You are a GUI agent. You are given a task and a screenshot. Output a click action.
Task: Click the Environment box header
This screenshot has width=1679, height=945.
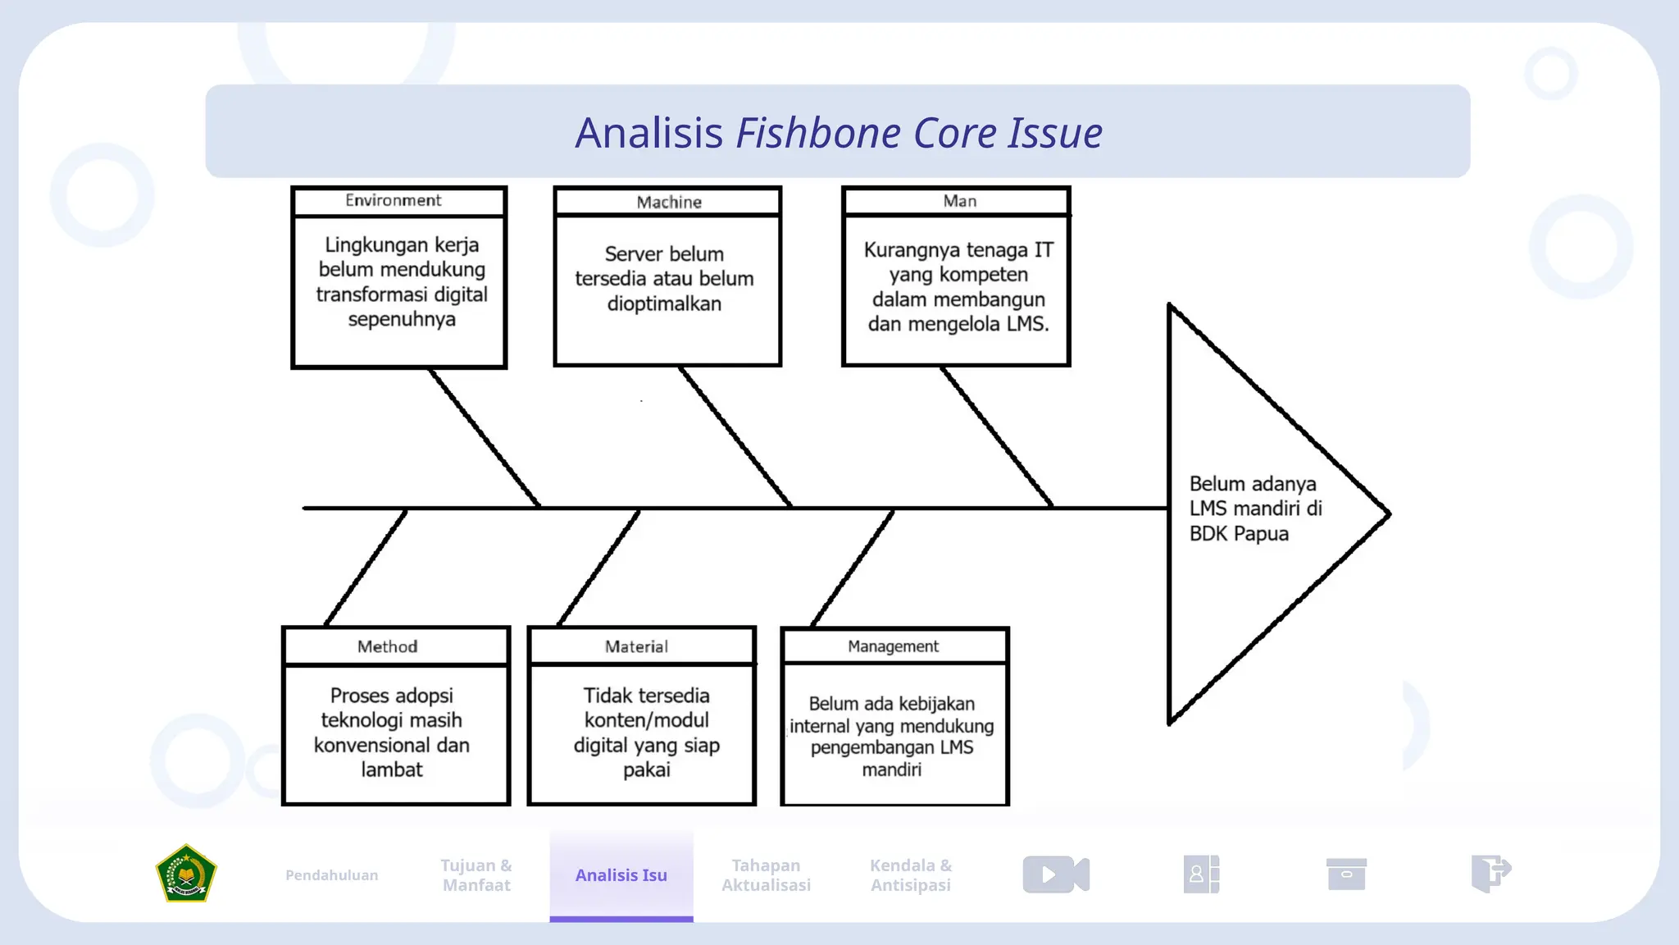point(393,200)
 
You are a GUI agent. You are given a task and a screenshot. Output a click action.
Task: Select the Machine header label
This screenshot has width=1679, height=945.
point(669,202)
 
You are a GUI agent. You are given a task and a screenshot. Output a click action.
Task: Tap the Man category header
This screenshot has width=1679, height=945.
point(959,201)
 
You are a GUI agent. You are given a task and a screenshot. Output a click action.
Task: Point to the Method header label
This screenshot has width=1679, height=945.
point(387,646)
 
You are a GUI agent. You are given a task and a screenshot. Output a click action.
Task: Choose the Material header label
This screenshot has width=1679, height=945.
point(636,646)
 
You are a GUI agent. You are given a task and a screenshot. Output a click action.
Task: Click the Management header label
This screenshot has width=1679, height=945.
point(893,646)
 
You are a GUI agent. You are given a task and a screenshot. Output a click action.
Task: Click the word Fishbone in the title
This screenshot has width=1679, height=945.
point(818,133)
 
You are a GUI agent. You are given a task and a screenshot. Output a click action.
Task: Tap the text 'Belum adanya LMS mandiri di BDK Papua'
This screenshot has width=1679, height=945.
point(1255,509)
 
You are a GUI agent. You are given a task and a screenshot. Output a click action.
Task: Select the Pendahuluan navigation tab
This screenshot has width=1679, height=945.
point(331,875)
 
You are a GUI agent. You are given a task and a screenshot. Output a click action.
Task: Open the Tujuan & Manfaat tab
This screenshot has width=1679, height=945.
point(476,875)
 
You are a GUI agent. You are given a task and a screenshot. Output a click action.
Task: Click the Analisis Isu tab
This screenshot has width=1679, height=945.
point(621,875)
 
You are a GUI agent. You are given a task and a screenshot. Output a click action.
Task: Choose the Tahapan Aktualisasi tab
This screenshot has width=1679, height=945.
point(766,875)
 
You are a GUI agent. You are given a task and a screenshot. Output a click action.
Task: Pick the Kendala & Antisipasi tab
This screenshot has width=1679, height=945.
point(911,875)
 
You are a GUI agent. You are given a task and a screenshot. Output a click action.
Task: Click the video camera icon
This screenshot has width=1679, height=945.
point(1056,874)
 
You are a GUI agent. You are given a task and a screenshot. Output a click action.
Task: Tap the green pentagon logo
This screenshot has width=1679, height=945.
point(186,874)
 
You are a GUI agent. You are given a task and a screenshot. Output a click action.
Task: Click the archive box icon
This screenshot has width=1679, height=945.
point(1346,874)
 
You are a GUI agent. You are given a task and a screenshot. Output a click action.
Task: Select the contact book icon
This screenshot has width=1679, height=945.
point(1201,874)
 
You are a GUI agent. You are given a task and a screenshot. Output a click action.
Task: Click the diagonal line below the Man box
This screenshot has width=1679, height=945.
point(996,436)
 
